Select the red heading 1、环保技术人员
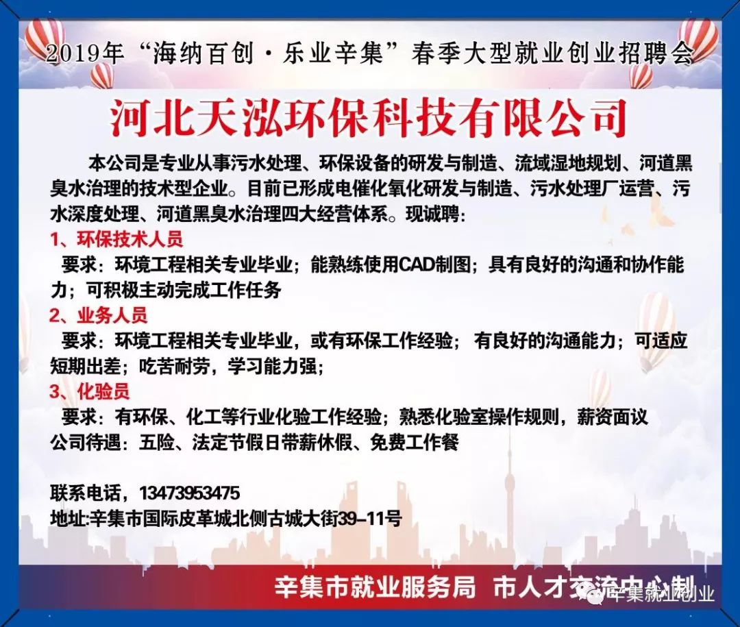click(117, 241)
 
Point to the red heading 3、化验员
click(90, 391)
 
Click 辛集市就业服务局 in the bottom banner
click(375, 587)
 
